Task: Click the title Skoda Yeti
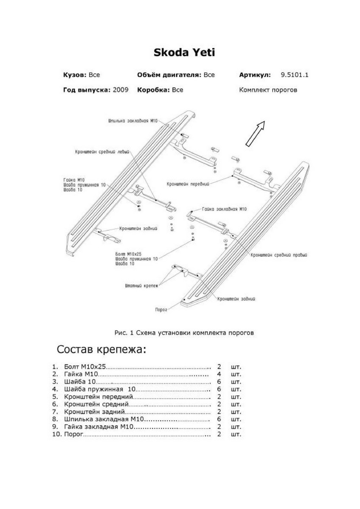tap(184, 53)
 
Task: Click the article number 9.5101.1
tap(294, 75)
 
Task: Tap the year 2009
tap(121, 90)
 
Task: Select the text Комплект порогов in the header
tap(268, 90)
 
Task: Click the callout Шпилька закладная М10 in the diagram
tap(132, 121)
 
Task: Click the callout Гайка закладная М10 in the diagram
tap(224, 209)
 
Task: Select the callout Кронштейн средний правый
tap(279, 255)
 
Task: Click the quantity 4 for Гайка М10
tap(219, 375)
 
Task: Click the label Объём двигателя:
tap(169, 75)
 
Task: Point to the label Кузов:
tap(75, 75)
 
